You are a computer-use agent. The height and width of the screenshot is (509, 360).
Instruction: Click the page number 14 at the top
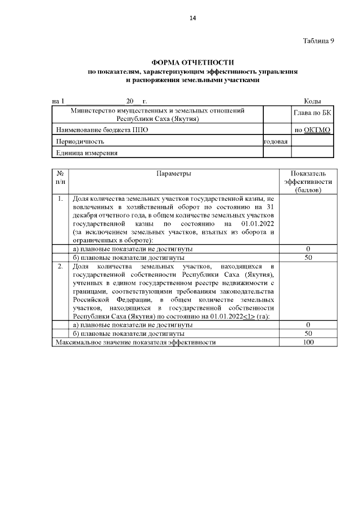pyautogui.click(x=192, y=19)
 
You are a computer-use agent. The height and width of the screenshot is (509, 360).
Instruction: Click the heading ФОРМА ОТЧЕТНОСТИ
pyautogui.click(x=192, y=62)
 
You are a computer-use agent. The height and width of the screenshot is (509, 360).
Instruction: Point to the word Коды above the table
pyautogui.click(x=312, y=101)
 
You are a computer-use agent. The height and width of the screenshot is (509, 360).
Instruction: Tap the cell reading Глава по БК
pyautogui.click(x=312, y=114)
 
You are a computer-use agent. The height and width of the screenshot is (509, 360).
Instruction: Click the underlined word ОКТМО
pyautogui.click(x=317, y=130)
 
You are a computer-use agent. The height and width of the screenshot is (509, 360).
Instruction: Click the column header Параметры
pyautogui.click(x=174, y=174)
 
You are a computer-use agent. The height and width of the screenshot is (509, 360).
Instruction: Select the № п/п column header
pyautogui.click(x=60, y=178)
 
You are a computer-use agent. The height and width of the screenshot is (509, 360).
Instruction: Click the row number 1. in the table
pyautogui.click(x=60, y=199)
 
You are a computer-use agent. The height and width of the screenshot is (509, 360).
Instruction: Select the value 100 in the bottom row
pyautogui.click(x=308, y=342)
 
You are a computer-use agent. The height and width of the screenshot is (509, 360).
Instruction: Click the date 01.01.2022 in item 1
pyautogui.click(x=256, y=223)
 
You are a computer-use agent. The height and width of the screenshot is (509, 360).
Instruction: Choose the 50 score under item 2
pyautogui.click(x=308, y=334)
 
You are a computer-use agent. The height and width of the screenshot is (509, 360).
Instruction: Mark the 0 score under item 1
pyautogui.click(x=308, y=249)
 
